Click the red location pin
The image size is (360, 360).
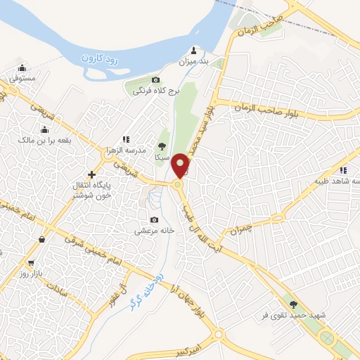click(181, 166)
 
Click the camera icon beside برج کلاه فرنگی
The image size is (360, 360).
click(155, 81)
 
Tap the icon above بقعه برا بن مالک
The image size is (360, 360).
click(44, 129)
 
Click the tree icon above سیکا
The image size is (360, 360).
click(163, 147)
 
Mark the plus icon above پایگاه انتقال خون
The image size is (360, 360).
click(91, 174)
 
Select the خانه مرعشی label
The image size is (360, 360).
click(154, 231)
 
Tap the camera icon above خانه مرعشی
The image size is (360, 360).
click(154, 219)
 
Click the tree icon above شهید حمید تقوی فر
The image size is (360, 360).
click(293, 304)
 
